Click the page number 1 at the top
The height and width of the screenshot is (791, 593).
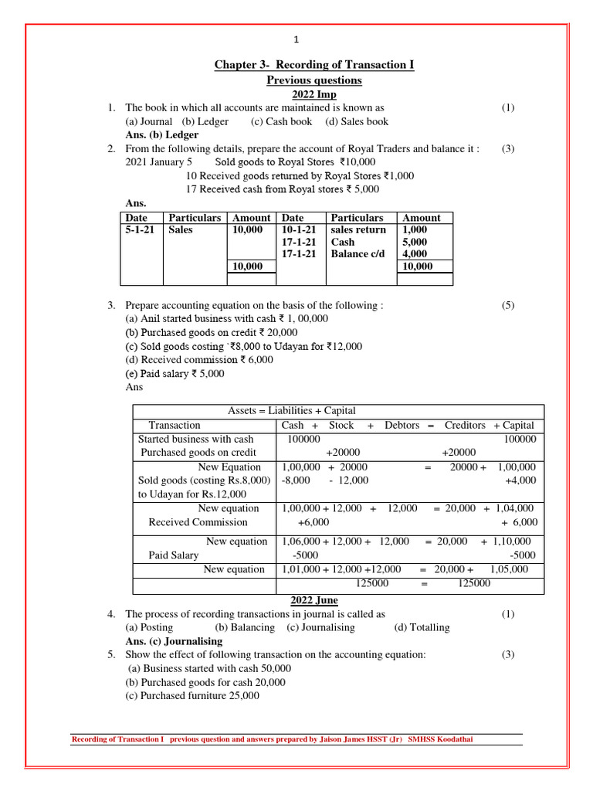(296, 40)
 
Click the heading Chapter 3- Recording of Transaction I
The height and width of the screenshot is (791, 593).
(313, 65)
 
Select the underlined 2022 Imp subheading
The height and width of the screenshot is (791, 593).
(313, 94)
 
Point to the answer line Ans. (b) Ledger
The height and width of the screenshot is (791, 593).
(161, 134)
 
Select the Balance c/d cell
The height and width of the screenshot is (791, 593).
(357, 254)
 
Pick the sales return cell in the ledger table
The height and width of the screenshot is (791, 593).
(358, 230)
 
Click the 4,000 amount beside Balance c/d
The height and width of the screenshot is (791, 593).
(415, 254)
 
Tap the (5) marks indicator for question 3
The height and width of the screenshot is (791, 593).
(507, 305)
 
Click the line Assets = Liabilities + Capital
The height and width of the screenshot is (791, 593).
(292, 411)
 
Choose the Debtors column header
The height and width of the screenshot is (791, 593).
(401, 426)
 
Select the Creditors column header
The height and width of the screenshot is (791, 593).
(465, 426)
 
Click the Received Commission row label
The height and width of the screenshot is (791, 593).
(198, 522)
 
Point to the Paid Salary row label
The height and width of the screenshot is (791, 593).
(173, 555)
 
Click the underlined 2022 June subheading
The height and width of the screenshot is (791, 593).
(313, 600)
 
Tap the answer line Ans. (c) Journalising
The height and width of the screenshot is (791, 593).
(174, 641)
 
